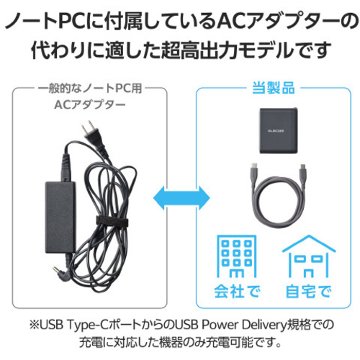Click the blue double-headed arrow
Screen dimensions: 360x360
181,198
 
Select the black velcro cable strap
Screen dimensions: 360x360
112,221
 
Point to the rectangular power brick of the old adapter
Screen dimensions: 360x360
60,217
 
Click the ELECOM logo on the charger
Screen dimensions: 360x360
276,131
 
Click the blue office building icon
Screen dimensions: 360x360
237,256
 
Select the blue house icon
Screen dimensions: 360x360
309,256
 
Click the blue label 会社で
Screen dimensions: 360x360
237,292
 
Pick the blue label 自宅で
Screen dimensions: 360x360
309,292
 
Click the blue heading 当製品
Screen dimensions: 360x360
274,88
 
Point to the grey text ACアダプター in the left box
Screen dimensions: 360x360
90,104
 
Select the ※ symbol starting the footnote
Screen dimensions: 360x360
34,325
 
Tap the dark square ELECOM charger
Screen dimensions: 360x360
279,131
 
